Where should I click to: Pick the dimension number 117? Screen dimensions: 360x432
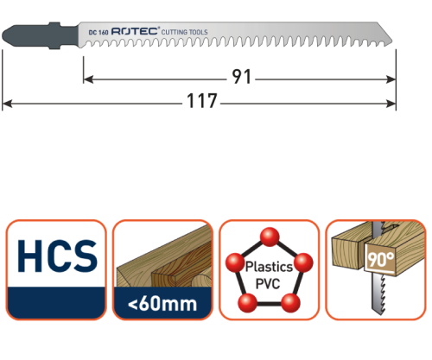point(200,104)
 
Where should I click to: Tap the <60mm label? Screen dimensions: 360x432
point(162,305)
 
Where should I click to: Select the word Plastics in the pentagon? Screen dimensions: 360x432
point(269,268)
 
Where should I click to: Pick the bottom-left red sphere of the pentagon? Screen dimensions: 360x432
point(245,300)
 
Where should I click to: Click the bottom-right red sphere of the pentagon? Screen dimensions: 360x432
point(292,300)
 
